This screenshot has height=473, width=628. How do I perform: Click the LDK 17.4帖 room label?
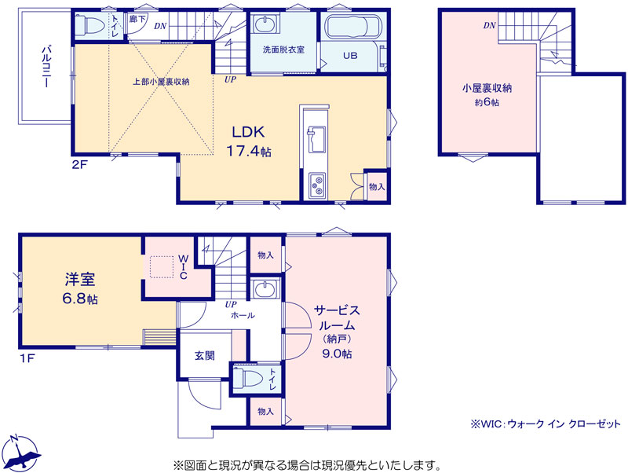click(x=249, y=141)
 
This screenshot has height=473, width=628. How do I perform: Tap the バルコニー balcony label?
click(x=46, y=67)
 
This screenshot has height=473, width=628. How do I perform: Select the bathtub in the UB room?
click(x=352, y=27)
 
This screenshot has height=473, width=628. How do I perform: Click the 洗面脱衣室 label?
click(x=283, y=49)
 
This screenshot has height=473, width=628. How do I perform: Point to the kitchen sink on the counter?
click(x=316, y=139)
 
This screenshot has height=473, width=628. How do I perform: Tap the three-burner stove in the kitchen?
click(x=317, y=185)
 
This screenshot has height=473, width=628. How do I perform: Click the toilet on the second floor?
click(x=90, y=25)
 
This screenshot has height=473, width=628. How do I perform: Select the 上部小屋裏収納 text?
click(x=161, y=82)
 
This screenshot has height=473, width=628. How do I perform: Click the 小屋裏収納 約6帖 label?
click(x=487, y=94)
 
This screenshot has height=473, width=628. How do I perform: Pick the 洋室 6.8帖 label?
click(x=80, y=288)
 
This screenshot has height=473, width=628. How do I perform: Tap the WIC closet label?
click(x=183, y=266)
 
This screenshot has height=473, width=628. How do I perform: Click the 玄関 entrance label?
click(x=205, y=356)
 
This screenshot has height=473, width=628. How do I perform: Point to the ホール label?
click(x=243, y=316)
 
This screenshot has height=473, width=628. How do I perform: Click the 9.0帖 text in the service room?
click(x=337, y=354)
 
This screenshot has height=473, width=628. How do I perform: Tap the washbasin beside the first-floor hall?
click(x=265, y=288)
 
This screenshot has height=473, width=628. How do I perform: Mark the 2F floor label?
click(x=80, y=165)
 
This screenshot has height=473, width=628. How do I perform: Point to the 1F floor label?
click(x=27, y=358)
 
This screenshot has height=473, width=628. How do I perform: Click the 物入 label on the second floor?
click(x=377, y=186)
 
